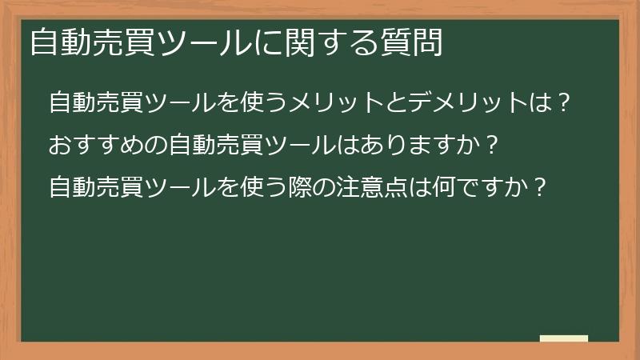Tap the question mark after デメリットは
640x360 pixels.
coord(564,103)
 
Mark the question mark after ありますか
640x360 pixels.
coord(493,146)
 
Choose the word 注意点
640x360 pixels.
coord(393,188)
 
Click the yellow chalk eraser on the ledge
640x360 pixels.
coord(564,338)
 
